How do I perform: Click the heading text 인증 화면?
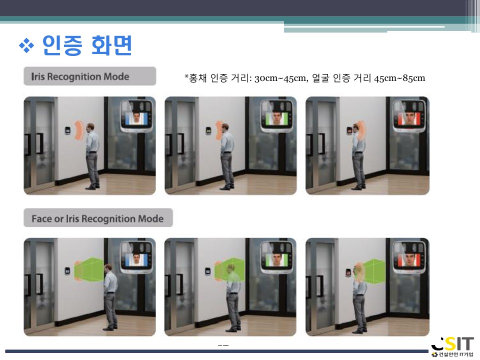[87, 45]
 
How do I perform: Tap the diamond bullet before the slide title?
[26, 46]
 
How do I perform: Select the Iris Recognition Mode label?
[80, 76]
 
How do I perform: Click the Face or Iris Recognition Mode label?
[97, 218]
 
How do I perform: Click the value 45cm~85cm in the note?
[399, 78]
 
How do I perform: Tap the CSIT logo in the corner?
[453, 346]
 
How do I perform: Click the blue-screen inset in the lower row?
[136, 257]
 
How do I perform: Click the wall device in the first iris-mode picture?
[67, 130]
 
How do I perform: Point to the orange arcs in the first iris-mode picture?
[79, 130]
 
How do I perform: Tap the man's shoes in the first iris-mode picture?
[93, 186]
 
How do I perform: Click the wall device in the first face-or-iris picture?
[67, 271]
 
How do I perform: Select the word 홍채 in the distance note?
[198, 78]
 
